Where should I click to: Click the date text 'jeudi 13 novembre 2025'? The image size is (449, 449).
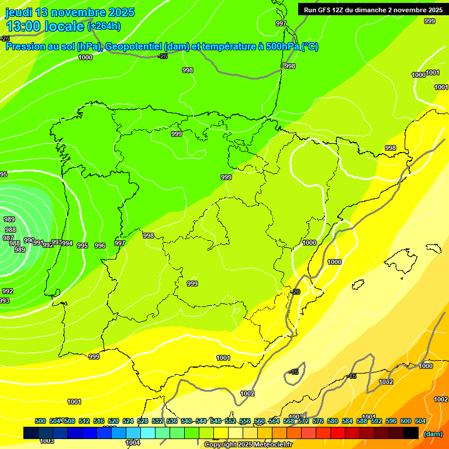pos(70,12)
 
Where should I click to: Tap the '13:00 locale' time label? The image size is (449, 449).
pos(46,26)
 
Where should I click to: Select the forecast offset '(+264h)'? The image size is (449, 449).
pos(104,26)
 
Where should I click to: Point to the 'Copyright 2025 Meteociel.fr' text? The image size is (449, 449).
pos(248,445)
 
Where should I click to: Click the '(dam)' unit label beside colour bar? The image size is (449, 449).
pos(433,434)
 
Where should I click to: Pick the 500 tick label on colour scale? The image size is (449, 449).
pos(40,421)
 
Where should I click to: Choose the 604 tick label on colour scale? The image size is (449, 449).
pos(420,421)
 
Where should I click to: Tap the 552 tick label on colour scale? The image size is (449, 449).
pos(230,421)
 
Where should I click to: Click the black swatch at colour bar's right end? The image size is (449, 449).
pos(411,433)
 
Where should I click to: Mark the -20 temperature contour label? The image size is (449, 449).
pos(295,292)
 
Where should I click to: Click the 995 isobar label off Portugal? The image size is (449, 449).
pos(82,246)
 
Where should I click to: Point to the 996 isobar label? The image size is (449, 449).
pos(100,246)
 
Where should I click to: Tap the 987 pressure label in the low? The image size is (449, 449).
pos(8,238)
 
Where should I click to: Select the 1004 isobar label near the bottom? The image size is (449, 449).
pos(133,443)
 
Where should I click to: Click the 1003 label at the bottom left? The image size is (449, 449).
pos(47,441)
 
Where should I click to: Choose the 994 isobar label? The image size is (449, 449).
pos(67,243)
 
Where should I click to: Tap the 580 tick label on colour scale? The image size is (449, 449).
pos(333,421)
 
